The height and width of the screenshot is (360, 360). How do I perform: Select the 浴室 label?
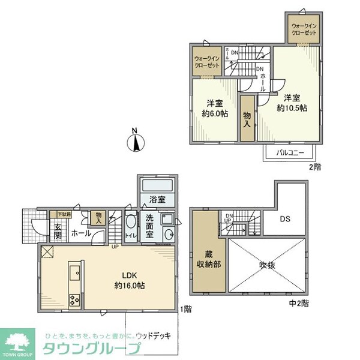150,199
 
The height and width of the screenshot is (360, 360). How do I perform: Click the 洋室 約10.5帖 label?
292,103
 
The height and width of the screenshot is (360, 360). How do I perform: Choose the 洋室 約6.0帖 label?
215,107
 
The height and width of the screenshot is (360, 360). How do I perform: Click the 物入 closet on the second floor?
247,121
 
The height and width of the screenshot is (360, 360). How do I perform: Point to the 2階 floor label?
314,167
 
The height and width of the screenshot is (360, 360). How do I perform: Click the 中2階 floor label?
300,304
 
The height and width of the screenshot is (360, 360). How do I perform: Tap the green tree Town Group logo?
17,341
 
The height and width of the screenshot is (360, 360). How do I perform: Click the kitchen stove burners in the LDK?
74,298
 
